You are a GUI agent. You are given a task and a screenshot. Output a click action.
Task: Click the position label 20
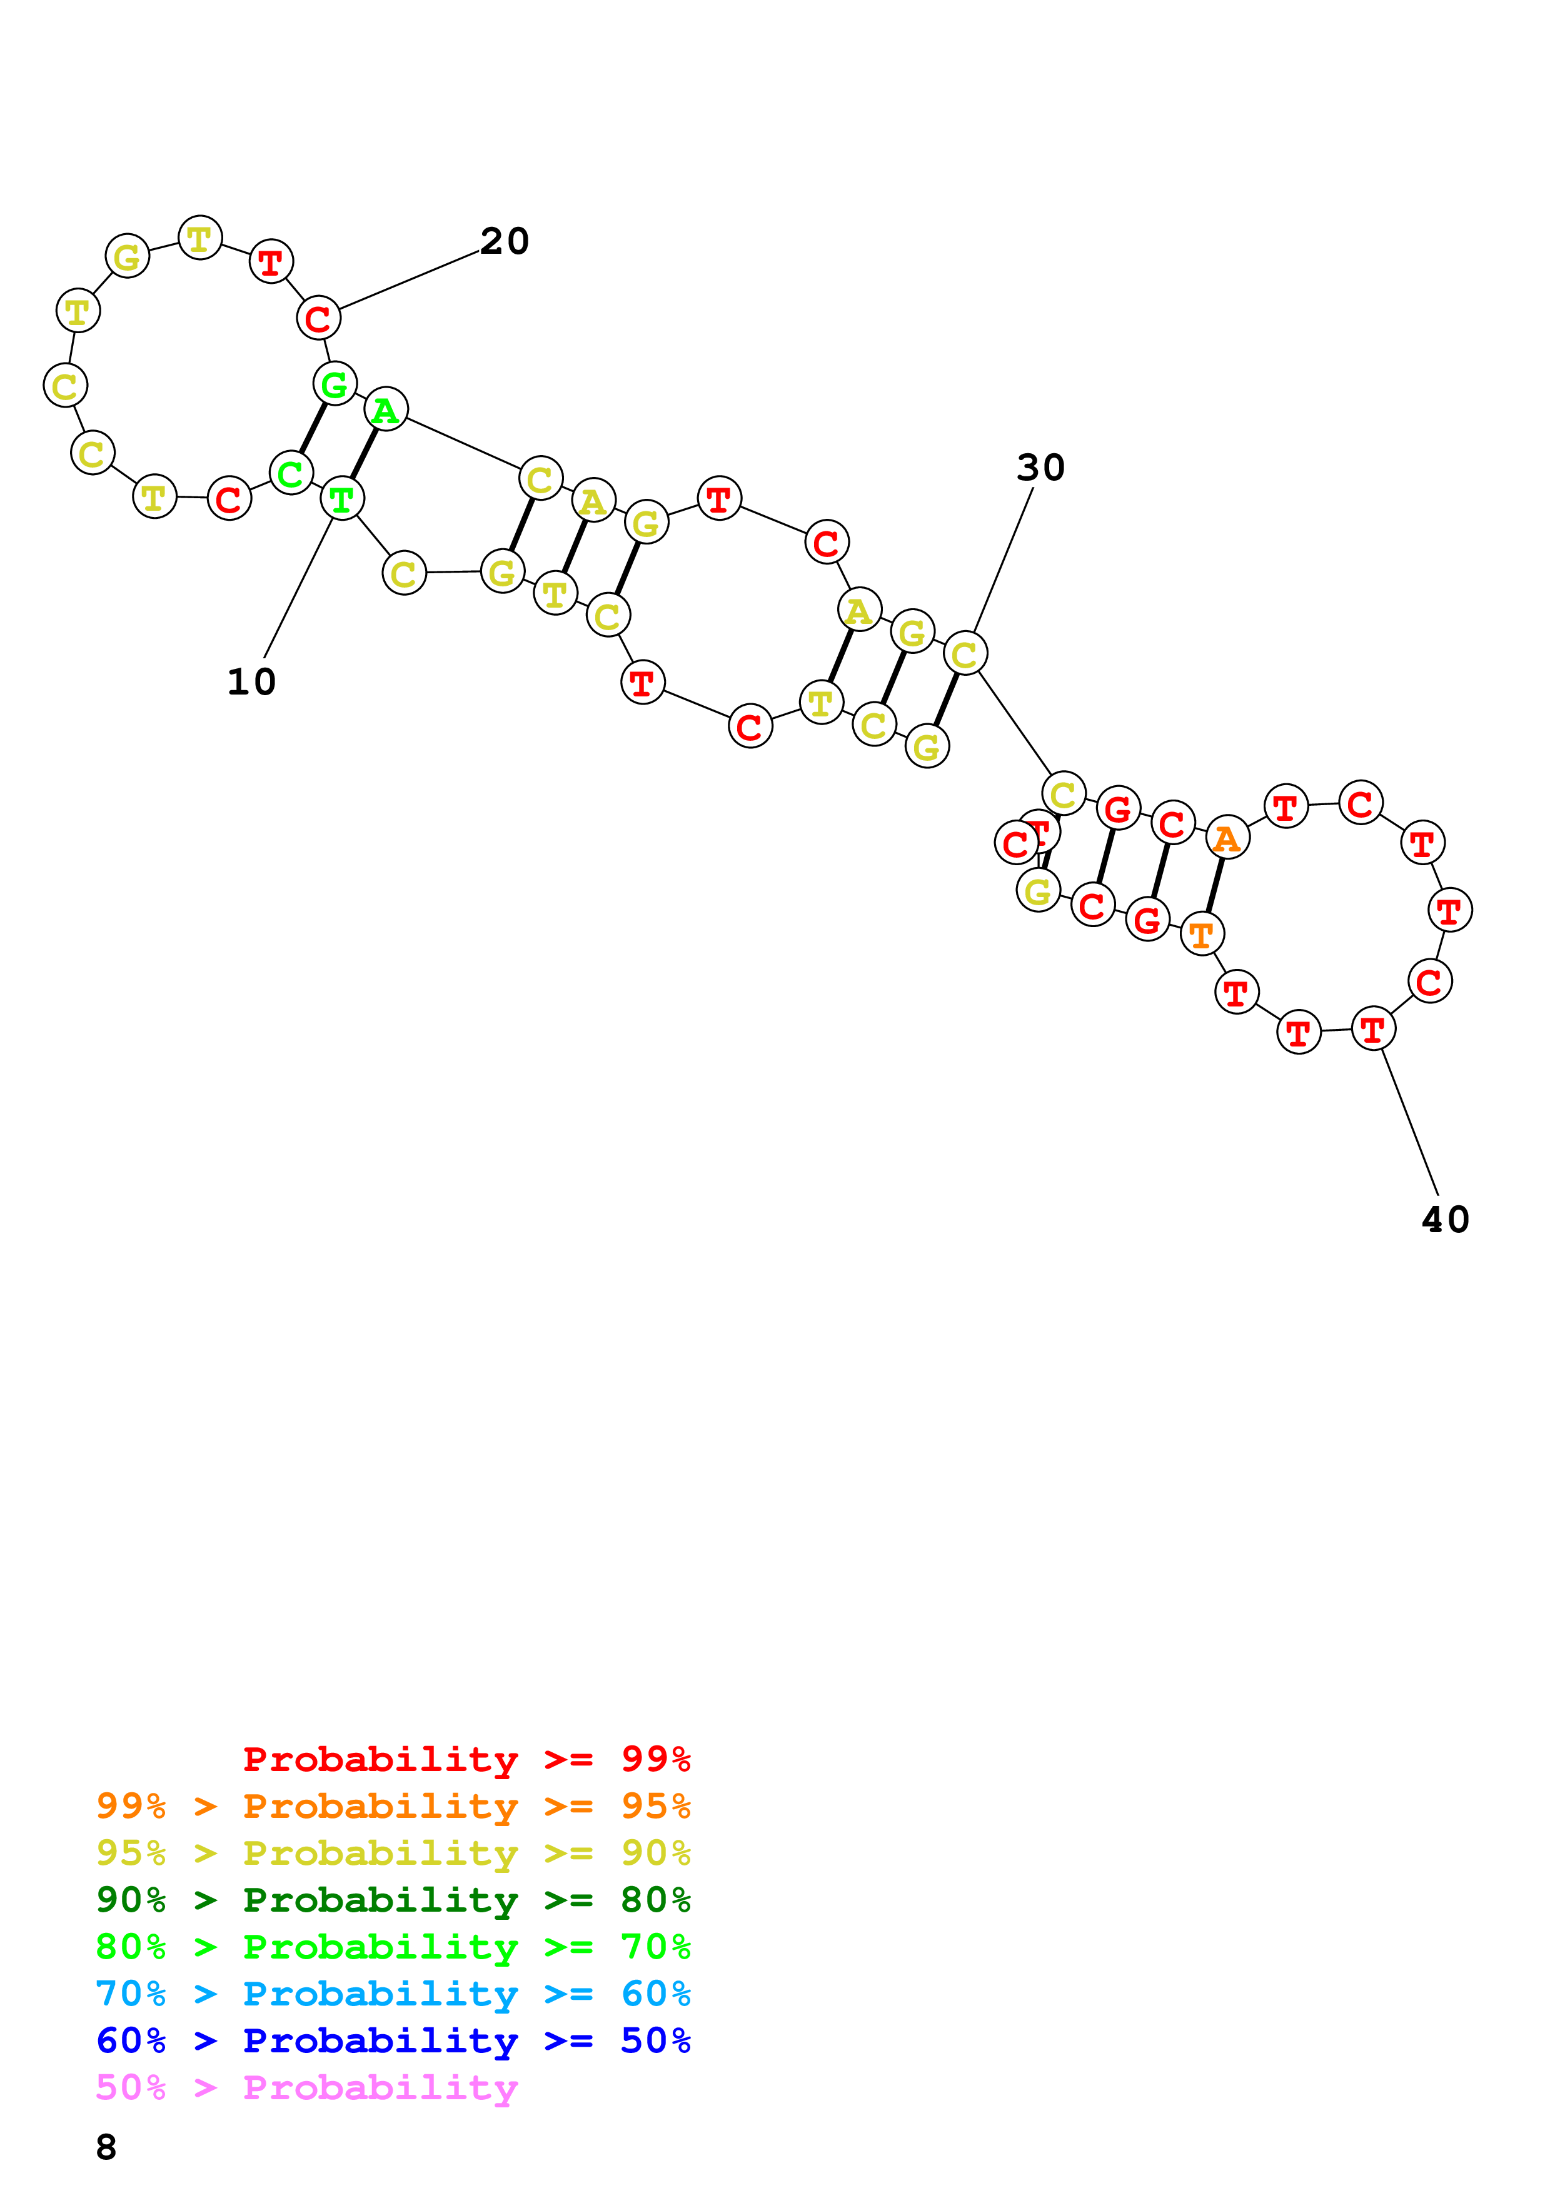(503, 242)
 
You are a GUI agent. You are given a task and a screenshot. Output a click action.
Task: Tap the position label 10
(251, 682)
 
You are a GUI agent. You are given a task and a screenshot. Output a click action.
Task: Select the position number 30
(1040, 468)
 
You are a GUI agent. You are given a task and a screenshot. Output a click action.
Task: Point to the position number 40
(1445, 1220)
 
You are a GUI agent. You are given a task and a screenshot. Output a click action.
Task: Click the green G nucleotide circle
(335, 384)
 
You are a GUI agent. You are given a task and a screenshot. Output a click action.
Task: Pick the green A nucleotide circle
(386, 409)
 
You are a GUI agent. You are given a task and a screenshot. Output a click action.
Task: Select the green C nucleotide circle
(290, 473)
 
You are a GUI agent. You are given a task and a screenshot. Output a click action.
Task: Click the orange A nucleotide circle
(1226, 838)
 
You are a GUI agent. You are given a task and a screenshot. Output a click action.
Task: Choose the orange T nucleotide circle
(1201, 933)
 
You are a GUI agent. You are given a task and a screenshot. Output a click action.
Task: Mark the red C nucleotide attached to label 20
(318, 318)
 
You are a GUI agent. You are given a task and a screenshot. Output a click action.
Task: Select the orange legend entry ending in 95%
(393, 1806)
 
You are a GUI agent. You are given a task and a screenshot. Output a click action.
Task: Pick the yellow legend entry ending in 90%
(393, 1853)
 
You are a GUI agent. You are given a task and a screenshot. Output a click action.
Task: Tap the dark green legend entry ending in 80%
(393, 1900)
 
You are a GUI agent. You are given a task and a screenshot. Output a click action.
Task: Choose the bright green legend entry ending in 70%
(393, 1947)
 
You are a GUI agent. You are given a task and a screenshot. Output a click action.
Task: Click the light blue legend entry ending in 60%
(393, 1994)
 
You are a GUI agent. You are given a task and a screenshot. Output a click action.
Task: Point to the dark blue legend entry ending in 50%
(393, 2040)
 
